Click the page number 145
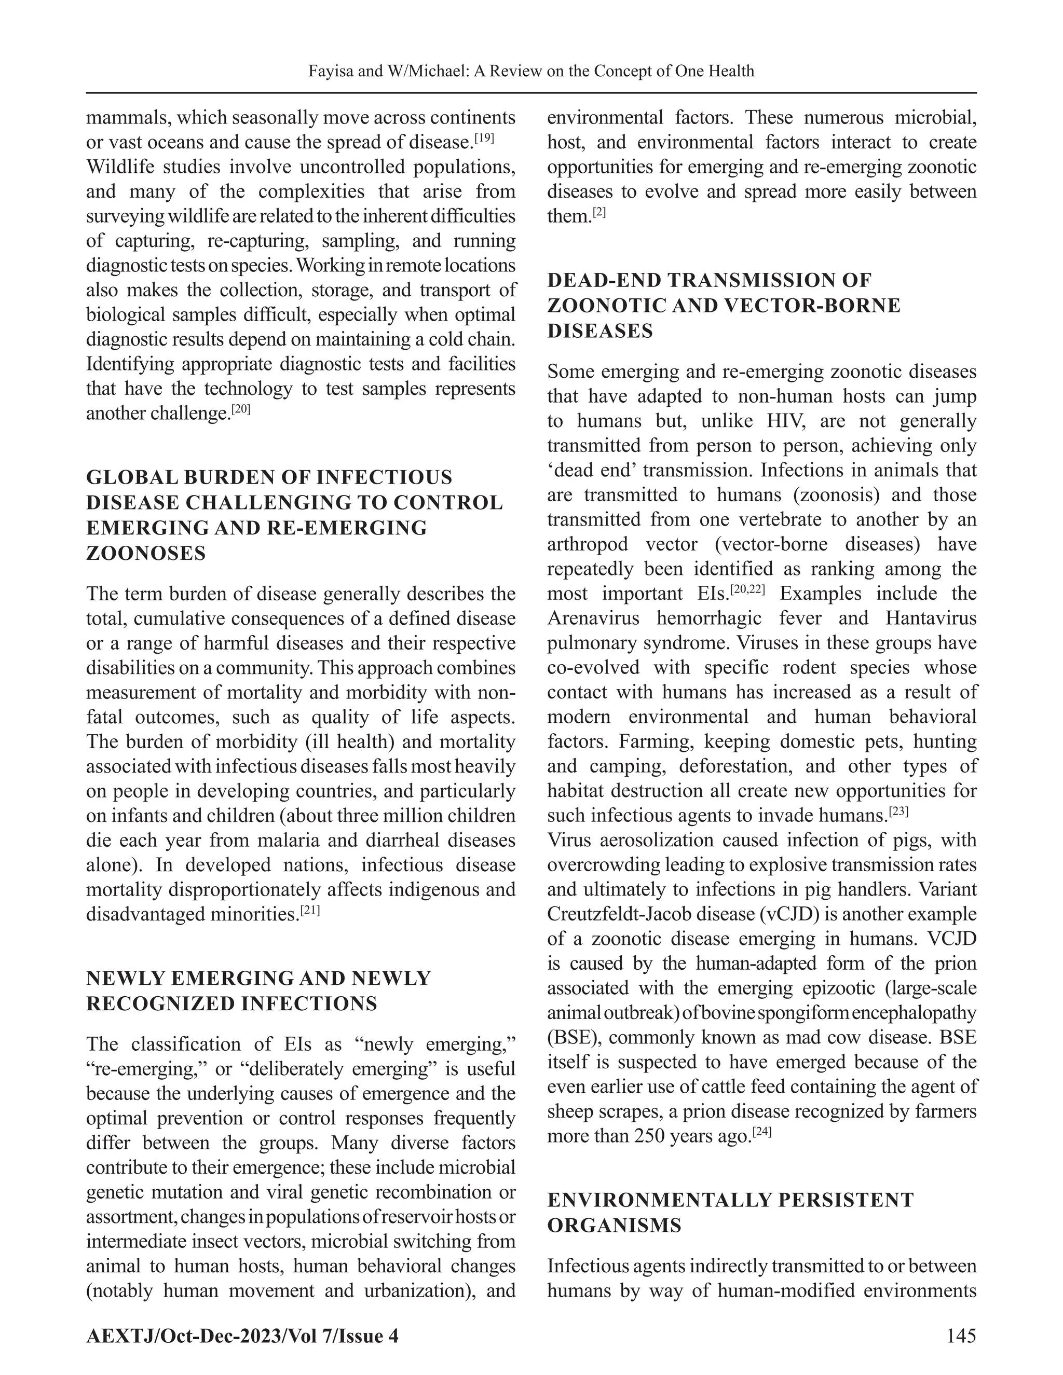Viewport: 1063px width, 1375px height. [961, 1336]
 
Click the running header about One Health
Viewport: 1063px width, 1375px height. [531, 71]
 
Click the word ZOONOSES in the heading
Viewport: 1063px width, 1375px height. [146, 554]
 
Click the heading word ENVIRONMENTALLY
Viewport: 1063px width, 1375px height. [658, 1200]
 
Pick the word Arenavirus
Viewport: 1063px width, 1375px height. [593, 618]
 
